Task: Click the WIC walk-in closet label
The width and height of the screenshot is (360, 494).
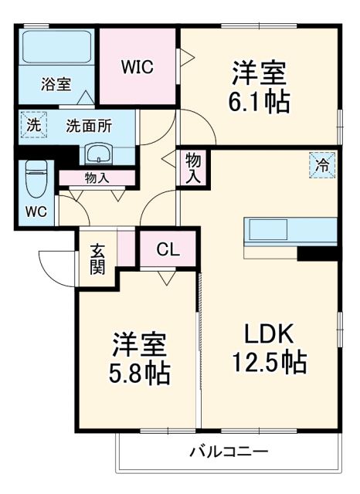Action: (x=137, y=67)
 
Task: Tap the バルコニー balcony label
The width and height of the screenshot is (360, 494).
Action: (x=229, y=451)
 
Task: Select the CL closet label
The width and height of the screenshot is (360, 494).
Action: (x=168, y=249)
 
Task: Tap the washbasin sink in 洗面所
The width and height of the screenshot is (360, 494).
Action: (x=98, y=152)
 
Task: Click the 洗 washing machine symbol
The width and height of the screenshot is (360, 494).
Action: (x=33, y=123)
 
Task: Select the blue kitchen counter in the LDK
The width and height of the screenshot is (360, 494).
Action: (x=291, y=230)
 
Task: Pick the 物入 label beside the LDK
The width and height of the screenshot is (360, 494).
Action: (x=193, y=167)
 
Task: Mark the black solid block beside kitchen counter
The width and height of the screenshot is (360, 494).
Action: (x=318, y=252)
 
